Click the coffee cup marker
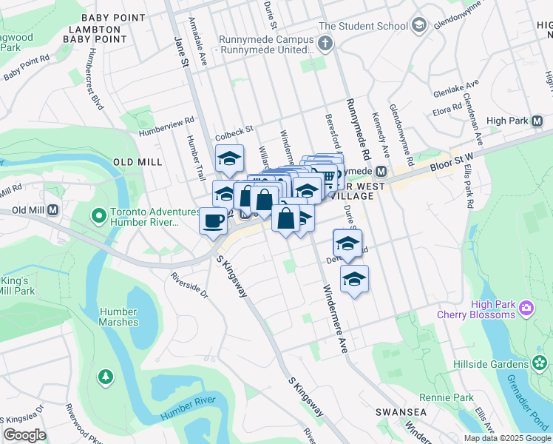point(214,220)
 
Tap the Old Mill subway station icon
point(53,210)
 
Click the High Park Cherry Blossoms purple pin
point(526,307)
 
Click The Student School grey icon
point(419,26)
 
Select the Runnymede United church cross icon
point(325,44)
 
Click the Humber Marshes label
point(119,317)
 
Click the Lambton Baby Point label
point(93,34)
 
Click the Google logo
point(24,435)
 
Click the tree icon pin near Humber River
point(106,377)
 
